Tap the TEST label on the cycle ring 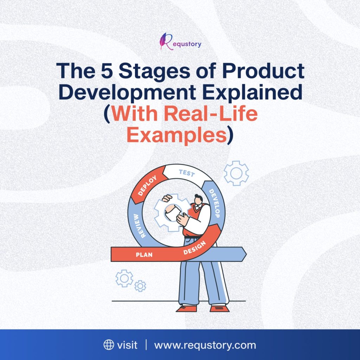tap(187, 173)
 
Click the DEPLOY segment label tap(147, 186)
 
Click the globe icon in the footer tap(109, 345)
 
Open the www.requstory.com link tap(205, 345)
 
